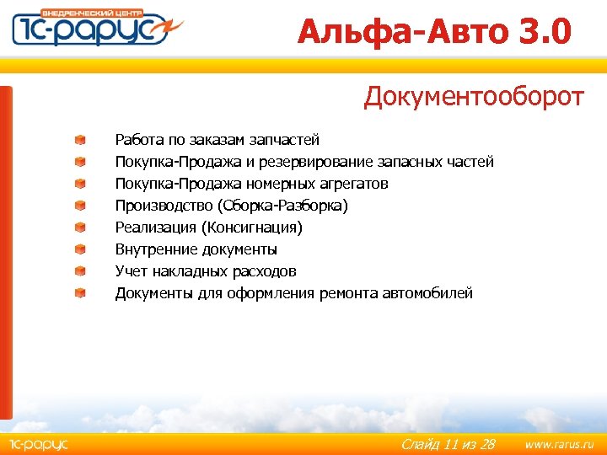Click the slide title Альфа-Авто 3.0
tap(434, 33)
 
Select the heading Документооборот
tap(473, 97)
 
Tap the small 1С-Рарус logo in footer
tap(38, 443)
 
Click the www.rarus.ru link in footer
tap(559, 443)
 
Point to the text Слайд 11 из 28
tap(447, 443)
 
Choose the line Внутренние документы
tap(196, 249)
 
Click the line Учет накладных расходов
tap(206, 271)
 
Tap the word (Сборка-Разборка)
tap(282, 206)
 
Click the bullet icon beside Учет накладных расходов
tap(79, 271)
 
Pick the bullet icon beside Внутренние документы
tap(79, 249)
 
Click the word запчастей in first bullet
tap(287, 140)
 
